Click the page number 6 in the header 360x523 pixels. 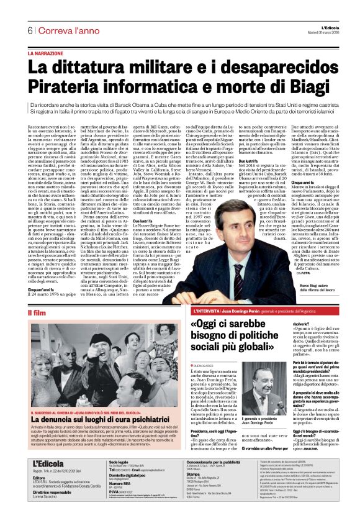[29, 30]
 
